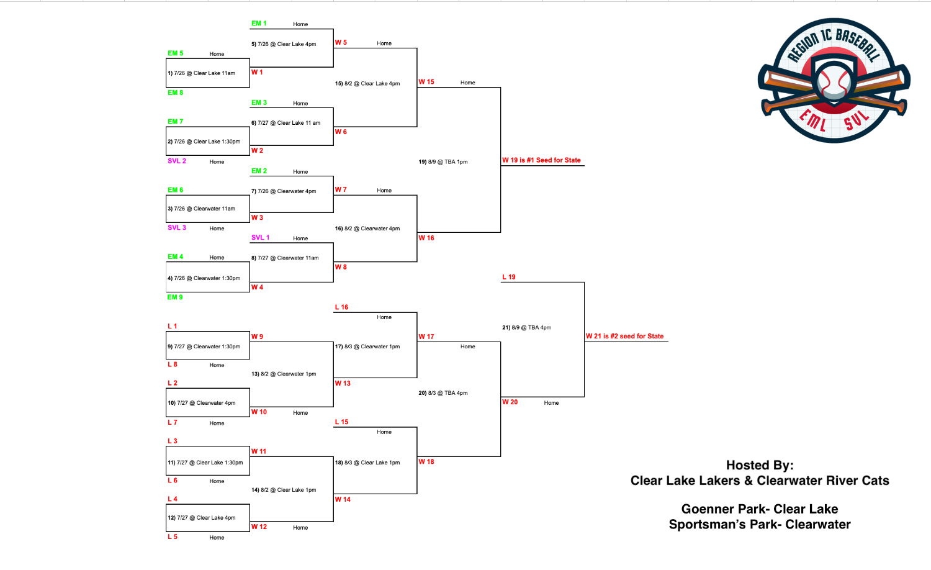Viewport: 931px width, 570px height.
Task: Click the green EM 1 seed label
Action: (259, 23)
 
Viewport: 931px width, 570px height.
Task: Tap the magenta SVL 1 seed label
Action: (260, 237)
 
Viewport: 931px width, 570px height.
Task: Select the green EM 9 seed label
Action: (175, 297)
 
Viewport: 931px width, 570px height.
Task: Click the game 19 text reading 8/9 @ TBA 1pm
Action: (443, 161)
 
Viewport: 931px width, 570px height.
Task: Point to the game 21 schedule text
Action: (526, 328)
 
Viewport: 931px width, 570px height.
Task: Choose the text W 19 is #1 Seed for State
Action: (541, 160)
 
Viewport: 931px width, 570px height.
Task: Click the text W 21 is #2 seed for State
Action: (624, 336)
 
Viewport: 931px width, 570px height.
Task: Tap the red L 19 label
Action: (509, 277)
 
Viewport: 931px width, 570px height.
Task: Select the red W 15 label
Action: (426, 82)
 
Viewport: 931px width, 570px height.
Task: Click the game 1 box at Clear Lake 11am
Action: (208, 73)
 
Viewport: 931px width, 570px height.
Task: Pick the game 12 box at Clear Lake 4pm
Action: (208, 518)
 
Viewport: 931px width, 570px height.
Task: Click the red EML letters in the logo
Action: (813, 120)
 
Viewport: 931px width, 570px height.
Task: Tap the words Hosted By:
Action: (759, 465)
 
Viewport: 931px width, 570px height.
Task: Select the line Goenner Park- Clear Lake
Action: (759, 509)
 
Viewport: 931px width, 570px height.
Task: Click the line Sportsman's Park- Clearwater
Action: (759, 524)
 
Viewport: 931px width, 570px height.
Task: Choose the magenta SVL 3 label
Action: (177, 227)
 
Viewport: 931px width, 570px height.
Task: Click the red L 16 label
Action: (341, 307)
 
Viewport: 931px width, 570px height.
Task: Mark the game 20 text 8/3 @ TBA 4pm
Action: (443, 393)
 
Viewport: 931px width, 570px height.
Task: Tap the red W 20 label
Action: (510, 402)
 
